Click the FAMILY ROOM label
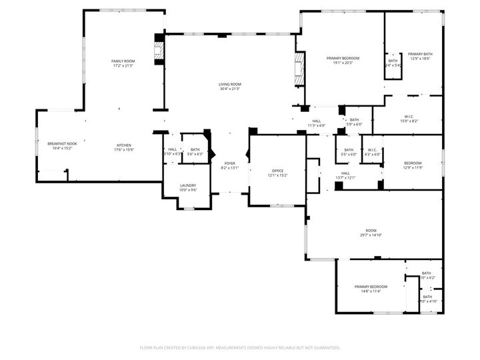click(123, 61)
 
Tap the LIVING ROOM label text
click(229, 84)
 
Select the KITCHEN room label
click(125, 145)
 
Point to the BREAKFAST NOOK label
click(62, 143)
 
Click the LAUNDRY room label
click(187, 185)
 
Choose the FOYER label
click(229, 163)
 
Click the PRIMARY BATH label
click(420, 54)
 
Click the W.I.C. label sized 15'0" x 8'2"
click(409, 116)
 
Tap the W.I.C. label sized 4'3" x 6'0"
click(372, 149)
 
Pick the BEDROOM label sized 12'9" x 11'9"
click(413, 163)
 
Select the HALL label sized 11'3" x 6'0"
click(317, 121)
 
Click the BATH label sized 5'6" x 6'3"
click(195, 149)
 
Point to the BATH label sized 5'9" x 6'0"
click(354, 119)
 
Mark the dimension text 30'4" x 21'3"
click(229, 89)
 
